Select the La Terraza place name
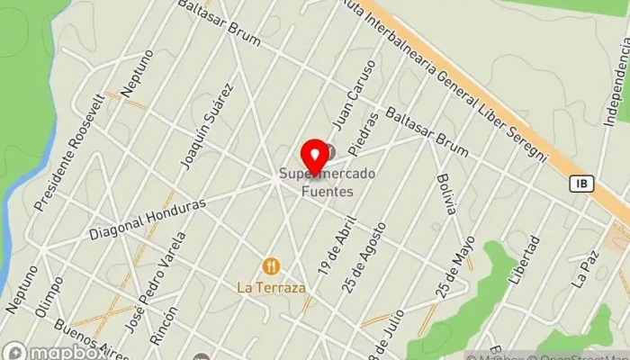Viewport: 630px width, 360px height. coord(271,288)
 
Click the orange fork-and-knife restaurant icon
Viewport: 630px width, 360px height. coord(271,265)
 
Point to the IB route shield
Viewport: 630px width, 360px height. coord(581,183)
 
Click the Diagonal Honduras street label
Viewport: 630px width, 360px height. coord(147,219)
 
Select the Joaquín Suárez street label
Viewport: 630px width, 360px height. coord(207,126)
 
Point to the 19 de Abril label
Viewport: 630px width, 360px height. coord(337,244)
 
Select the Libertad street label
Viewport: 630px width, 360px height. coord(524,260)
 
